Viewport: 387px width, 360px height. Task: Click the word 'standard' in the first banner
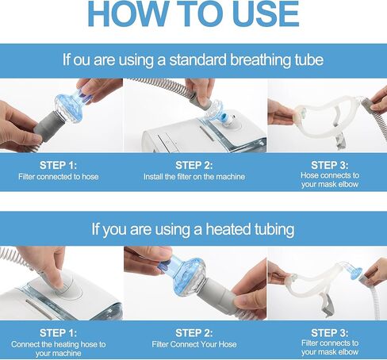198,59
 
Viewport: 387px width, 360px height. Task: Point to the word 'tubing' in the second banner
274,230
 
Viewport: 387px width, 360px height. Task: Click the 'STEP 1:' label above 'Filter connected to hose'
58,165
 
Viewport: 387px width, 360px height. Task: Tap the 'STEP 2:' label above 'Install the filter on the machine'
194,165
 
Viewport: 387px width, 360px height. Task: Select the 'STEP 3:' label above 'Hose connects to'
330,165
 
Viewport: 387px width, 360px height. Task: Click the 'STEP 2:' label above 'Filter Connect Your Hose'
194,333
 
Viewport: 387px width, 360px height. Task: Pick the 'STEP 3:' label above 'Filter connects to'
330,333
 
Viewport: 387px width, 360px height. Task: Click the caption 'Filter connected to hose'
59,177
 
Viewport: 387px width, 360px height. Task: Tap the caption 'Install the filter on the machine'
194,177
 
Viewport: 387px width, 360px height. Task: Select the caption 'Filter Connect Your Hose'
194,344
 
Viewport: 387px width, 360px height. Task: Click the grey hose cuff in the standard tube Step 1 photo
49,126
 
